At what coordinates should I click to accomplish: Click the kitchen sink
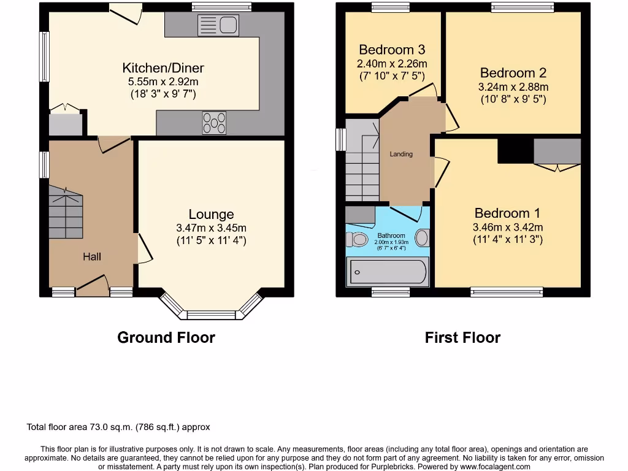tap(218, 26)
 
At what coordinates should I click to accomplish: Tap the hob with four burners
tap(214, 122)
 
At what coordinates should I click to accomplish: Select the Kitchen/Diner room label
tap(163, 68)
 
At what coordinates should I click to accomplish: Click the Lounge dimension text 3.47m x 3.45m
tap(211, 228)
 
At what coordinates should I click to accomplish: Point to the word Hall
tap(92, 256)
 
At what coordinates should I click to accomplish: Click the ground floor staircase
tap(66, 213)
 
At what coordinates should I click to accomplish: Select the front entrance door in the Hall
tap(92, 286)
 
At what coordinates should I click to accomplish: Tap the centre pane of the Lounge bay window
tap(211, 315)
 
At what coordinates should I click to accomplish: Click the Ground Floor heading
tap(166, 337)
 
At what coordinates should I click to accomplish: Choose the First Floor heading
tap(462, 337)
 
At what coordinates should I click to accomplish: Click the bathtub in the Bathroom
tap(388, 272)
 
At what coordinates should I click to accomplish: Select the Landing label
tap(401, 154)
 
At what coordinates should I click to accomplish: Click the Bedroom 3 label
tap(392, 50)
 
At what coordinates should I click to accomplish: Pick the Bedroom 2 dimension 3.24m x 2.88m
tap(513, 86)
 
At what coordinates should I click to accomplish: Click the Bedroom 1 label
tap(507, 213)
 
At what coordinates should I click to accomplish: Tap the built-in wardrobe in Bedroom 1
tap(557, 151)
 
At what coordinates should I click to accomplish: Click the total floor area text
tap(118, 427)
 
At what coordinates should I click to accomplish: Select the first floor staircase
tap(362, 161)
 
